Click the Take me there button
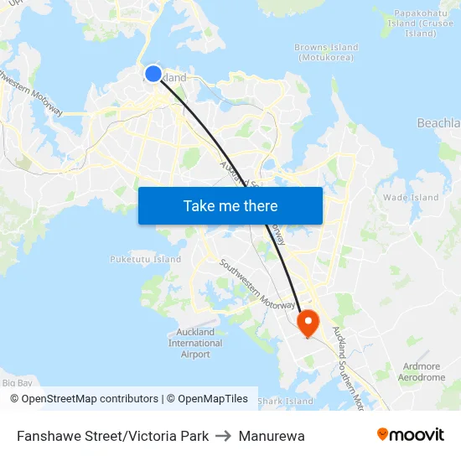(230, 205)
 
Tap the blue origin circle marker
(153, 74)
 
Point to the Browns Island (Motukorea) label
(326, 52)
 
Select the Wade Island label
(411, 198)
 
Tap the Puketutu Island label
(146, 259)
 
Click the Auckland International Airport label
(195, 344)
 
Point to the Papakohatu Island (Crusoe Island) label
(420, 23)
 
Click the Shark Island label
(285, 401)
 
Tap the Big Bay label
(17, 382)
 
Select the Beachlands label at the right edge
(439, 123)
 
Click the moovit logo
(411, 435)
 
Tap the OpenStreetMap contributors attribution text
(90, 399)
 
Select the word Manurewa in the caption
(272, 436)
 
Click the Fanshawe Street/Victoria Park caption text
(112, 436)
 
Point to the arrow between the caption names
(224, 436)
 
